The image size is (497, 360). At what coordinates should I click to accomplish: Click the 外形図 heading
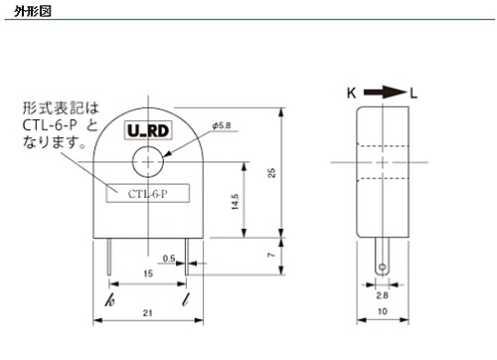(x=33, y=11)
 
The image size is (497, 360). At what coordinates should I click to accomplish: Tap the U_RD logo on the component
(x=148, y=130)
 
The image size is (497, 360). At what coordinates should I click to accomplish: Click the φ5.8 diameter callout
(x=222, y=125)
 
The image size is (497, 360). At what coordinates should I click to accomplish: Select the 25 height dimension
(x=271, y=173)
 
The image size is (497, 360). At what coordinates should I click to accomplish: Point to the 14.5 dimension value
(x=235, y=202)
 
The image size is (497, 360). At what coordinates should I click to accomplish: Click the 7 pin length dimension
(x=271, y=255)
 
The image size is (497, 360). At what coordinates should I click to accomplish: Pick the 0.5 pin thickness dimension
(x=169, y=259)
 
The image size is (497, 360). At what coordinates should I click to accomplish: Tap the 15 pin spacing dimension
(x=148, y=273)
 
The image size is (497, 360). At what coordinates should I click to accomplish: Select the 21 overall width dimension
(x=148, y=312)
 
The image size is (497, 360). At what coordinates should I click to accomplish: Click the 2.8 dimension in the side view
(x=382, y=295)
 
